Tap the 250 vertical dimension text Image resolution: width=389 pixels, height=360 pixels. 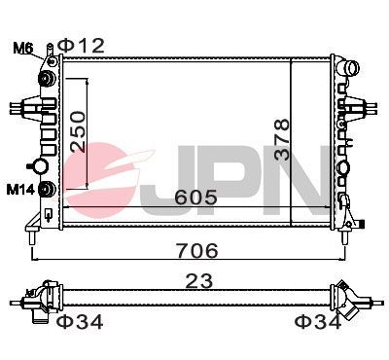click(x=77, y=129)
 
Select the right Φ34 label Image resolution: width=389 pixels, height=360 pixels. click(x=318, y=322)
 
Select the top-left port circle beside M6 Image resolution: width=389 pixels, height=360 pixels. click(x=46, y=78)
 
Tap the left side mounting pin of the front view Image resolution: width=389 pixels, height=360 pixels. click(x=12, y=104)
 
